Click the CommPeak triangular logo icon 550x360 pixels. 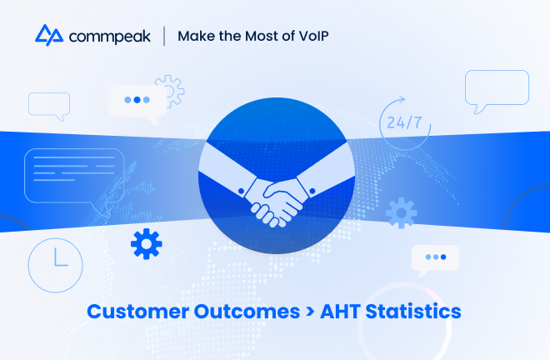(x=49, y=35)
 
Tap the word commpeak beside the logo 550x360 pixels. (x=110, y=37)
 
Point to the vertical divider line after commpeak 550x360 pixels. (x=164, y=36)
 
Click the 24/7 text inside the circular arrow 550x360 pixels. (x=404, y=122)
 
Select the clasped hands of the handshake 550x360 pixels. (x=277, y=202)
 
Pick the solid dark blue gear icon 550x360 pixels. (x=147, y=244)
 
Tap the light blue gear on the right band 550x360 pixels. (x=402, y=213)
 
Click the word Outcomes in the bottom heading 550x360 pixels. (x=247, y=312)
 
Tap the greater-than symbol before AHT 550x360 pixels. (x=310, y=311)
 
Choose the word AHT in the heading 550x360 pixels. (x=340, y=312)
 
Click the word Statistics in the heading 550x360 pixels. (x=413, y=311)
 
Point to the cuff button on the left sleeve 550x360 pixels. (x=241, y=191)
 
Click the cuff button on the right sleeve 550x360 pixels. (x=312, y=191)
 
